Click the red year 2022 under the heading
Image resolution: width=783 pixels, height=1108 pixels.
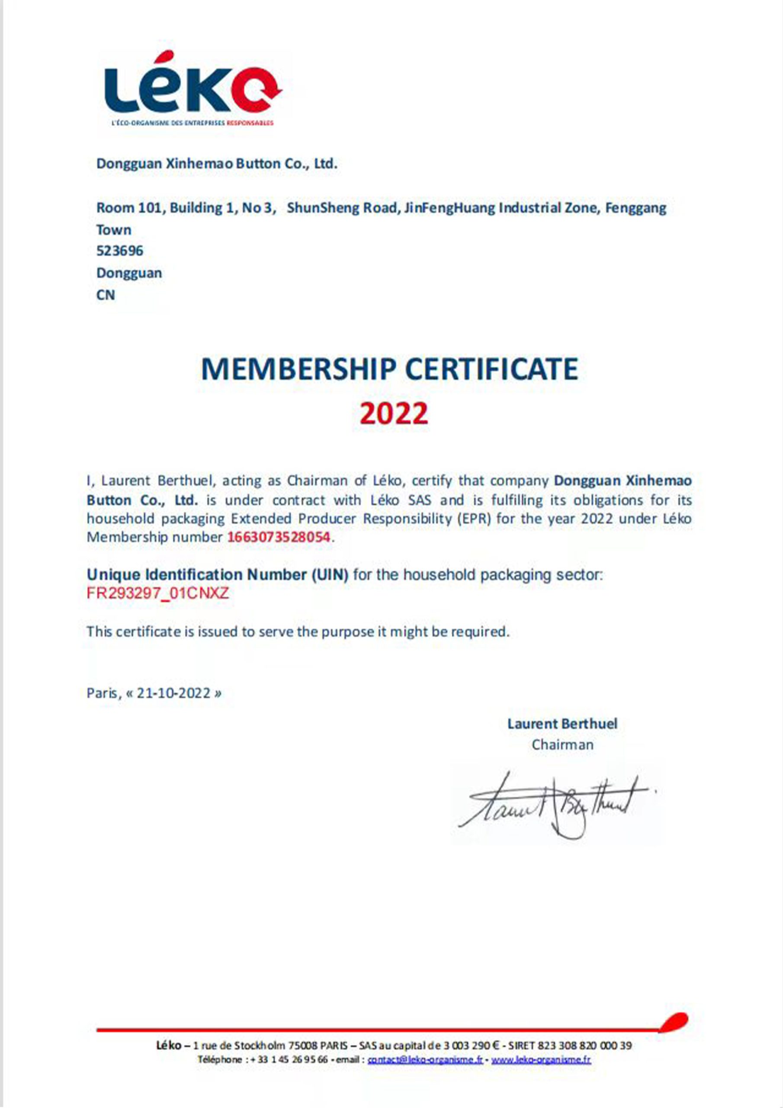tap(394, 414)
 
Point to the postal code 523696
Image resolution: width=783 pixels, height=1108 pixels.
tap(120, 251)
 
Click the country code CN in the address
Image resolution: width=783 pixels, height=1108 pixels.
tap(106, 295)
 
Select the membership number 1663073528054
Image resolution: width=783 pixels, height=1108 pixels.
tap(279, 537)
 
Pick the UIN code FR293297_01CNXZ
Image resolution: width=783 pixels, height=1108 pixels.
tap(158, 593)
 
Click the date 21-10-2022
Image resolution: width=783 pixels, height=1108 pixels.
tap(173, 693)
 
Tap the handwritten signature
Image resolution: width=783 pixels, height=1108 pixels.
tap(555, 803)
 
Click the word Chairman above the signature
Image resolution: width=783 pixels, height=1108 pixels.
tap(562, 744)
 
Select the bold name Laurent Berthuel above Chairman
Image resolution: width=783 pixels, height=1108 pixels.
tap(562, 724)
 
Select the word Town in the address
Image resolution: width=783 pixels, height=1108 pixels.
tap(114, 230)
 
